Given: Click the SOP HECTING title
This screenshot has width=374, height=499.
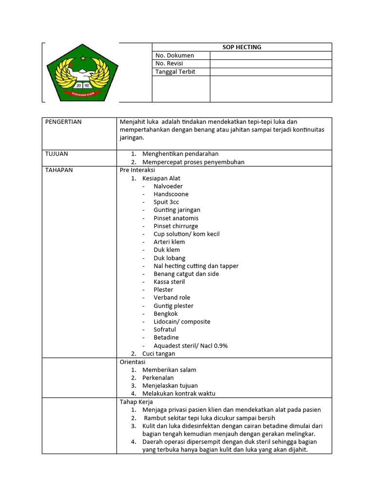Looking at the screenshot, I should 242,47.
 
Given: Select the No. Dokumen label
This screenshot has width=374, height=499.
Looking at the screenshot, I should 174,56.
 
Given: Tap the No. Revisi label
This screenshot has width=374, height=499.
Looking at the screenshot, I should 171,63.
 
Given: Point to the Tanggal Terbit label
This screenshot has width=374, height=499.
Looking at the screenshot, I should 175,72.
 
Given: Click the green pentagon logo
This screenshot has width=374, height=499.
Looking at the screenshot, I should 82,73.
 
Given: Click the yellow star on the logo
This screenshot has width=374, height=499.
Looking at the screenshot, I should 82,58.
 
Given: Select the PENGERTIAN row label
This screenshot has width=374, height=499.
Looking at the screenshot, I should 63,122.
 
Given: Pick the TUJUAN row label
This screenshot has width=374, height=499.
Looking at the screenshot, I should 56,154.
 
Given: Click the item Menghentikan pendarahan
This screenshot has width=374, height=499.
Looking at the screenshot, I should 180,154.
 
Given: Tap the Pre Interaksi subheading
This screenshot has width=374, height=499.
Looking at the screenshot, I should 137,171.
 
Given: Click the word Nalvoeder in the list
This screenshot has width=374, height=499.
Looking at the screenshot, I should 168,186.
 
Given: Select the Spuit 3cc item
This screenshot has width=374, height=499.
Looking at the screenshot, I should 166,202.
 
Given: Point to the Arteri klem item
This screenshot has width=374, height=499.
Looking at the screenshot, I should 169,242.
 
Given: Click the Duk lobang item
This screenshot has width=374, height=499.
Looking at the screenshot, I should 169,258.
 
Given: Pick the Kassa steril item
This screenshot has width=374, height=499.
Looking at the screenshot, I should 169,282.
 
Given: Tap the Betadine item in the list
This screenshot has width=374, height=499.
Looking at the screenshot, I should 166,337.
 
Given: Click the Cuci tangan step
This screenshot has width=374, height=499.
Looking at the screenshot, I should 158,354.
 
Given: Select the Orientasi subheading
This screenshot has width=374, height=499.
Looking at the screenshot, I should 132,362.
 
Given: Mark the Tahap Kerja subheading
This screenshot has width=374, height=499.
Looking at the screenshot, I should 136,402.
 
